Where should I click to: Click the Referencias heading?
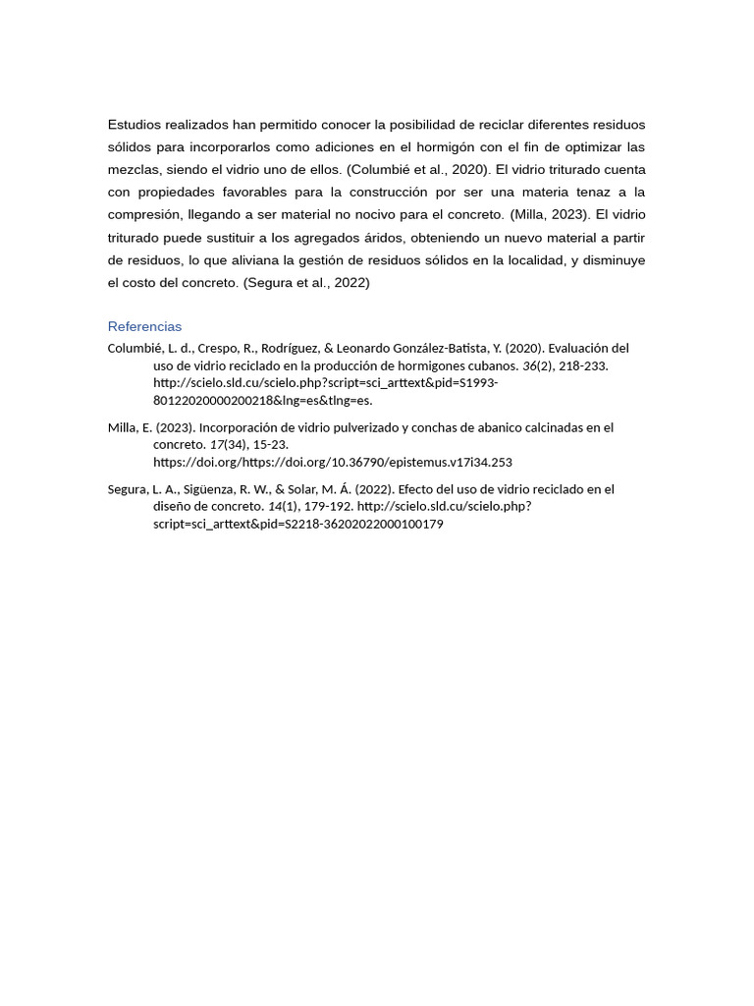pyautogui.click(x=144, y=326)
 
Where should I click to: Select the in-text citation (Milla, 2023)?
pyautogui.click(x=550, y=214)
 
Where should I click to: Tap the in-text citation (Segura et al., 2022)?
pyautogui.click(x=306, y=283)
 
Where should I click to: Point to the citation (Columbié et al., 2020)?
pyautogui.click(x=418, y=169)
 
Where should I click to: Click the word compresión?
pyautogui.click(x=143, y=214)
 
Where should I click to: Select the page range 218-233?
pyautogui.click(x=583, y=365)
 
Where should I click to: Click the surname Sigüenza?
pyautogui.click(x=207, y=489)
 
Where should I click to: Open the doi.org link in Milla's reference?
pyautogui.click(x=332, y=462)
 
